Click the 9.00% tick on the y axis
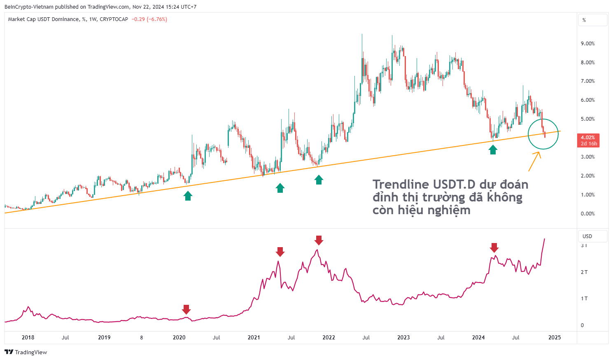click(x=587, y=44)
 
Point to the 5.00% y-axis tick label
click(x=587, y=119)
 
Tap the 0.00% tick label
click(x=587, y=214)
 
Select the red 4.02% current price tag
click(x=587, y=140)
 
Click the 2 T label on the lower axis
click(x=584, y=272)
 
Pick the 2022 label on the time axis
click(x=329, y=338)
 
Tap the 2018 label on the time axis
click(x=28, y=338)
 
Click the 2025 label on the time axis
click(x=555, y=338)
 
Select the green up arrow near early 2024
click(x=493, y=150)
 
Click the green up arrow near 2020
click(x=188, y=196)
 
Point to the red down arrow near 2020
click(x=186, y=309)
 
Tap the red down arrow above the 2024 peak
click(x=494, y=247)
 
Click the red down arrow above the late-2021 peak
click(x=319, y=240)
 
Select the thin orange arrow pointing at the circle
click(x=534, y=161)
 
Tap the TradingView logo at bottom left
click(x=26, y=352)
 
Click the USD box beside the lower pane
click(x=592, y=236)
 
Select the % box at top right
click(x=592, y=20)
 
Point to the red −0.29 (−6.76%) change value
click(x=149, y=19)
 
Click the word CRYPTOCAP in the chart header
click(x=114, y=19)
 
